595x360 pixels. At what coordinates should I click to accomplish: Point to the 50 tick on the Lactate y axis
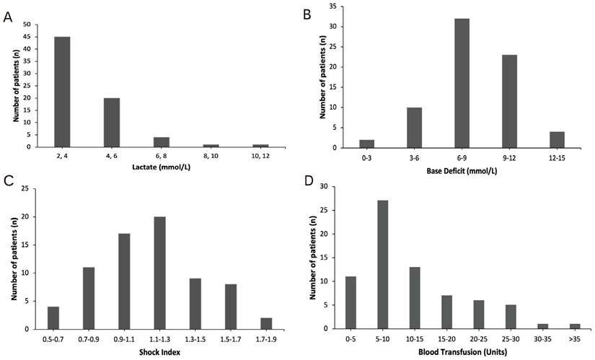point(27,25)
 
